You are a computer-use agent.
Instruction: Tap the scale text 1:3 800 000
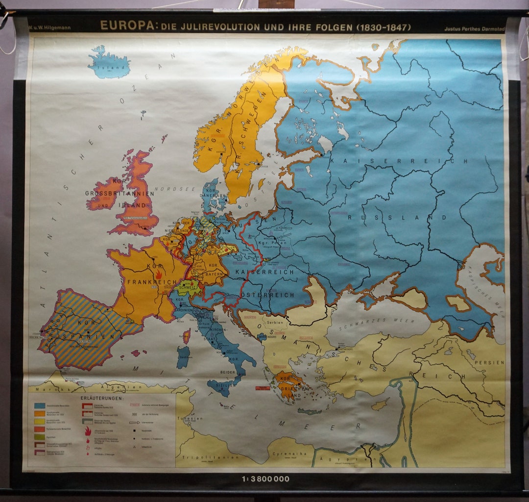265,478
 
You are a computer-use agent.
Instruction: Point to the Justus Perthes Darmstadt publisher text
473,28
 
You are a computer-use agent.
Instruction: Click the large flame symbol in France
158,274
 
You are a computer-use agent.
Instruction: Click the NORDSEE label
168,189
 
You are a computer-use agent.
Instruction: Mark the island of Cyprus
380,405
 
